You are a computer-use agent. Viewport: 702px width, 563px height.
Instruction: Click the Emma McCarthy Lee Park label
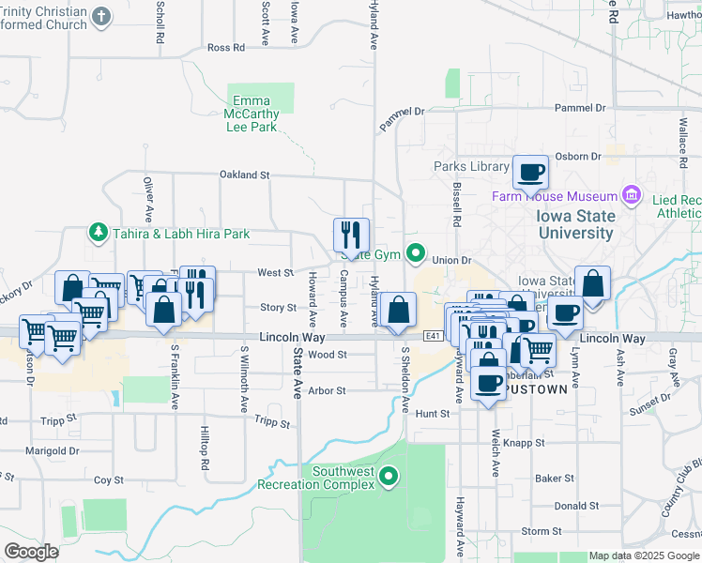(252, 114)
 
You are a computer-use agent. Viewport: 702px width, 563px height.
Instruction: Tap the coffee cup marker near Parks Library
(530, 172)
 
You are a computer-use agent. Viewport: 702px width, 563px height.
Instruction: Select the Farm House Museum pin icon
(630, 196)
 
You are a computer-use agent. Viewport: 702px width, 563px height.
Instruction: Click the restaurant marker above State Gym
(352, 235)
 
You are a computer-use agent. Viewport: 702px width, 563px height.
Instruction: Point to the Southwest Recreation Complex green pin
(388, 479)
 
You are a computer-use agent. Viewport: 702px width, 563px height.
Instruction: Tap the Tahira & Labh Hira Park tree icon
(95, 232)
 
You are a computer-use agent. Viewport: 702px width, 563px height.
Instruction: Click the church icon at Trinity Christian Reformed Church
(102, 16)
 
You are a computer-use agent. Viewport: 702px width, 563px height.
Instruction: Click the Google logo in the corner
(31, 552)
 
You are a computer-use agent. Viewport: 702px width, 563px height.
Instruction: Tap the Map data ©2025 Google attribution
(644, 555)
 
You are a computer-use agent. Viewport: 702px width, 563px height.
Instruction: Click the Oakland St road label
(244, 175)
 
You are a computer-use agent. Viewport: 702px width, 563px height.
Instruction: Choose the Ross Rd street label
(225, 47)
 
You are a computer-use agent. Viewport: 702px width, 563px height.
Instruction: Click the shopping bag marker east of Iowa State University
(592, 283)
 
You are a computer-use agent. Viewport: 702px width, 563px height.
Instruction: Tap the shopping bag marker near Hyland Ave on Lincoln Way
(399, 310)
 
